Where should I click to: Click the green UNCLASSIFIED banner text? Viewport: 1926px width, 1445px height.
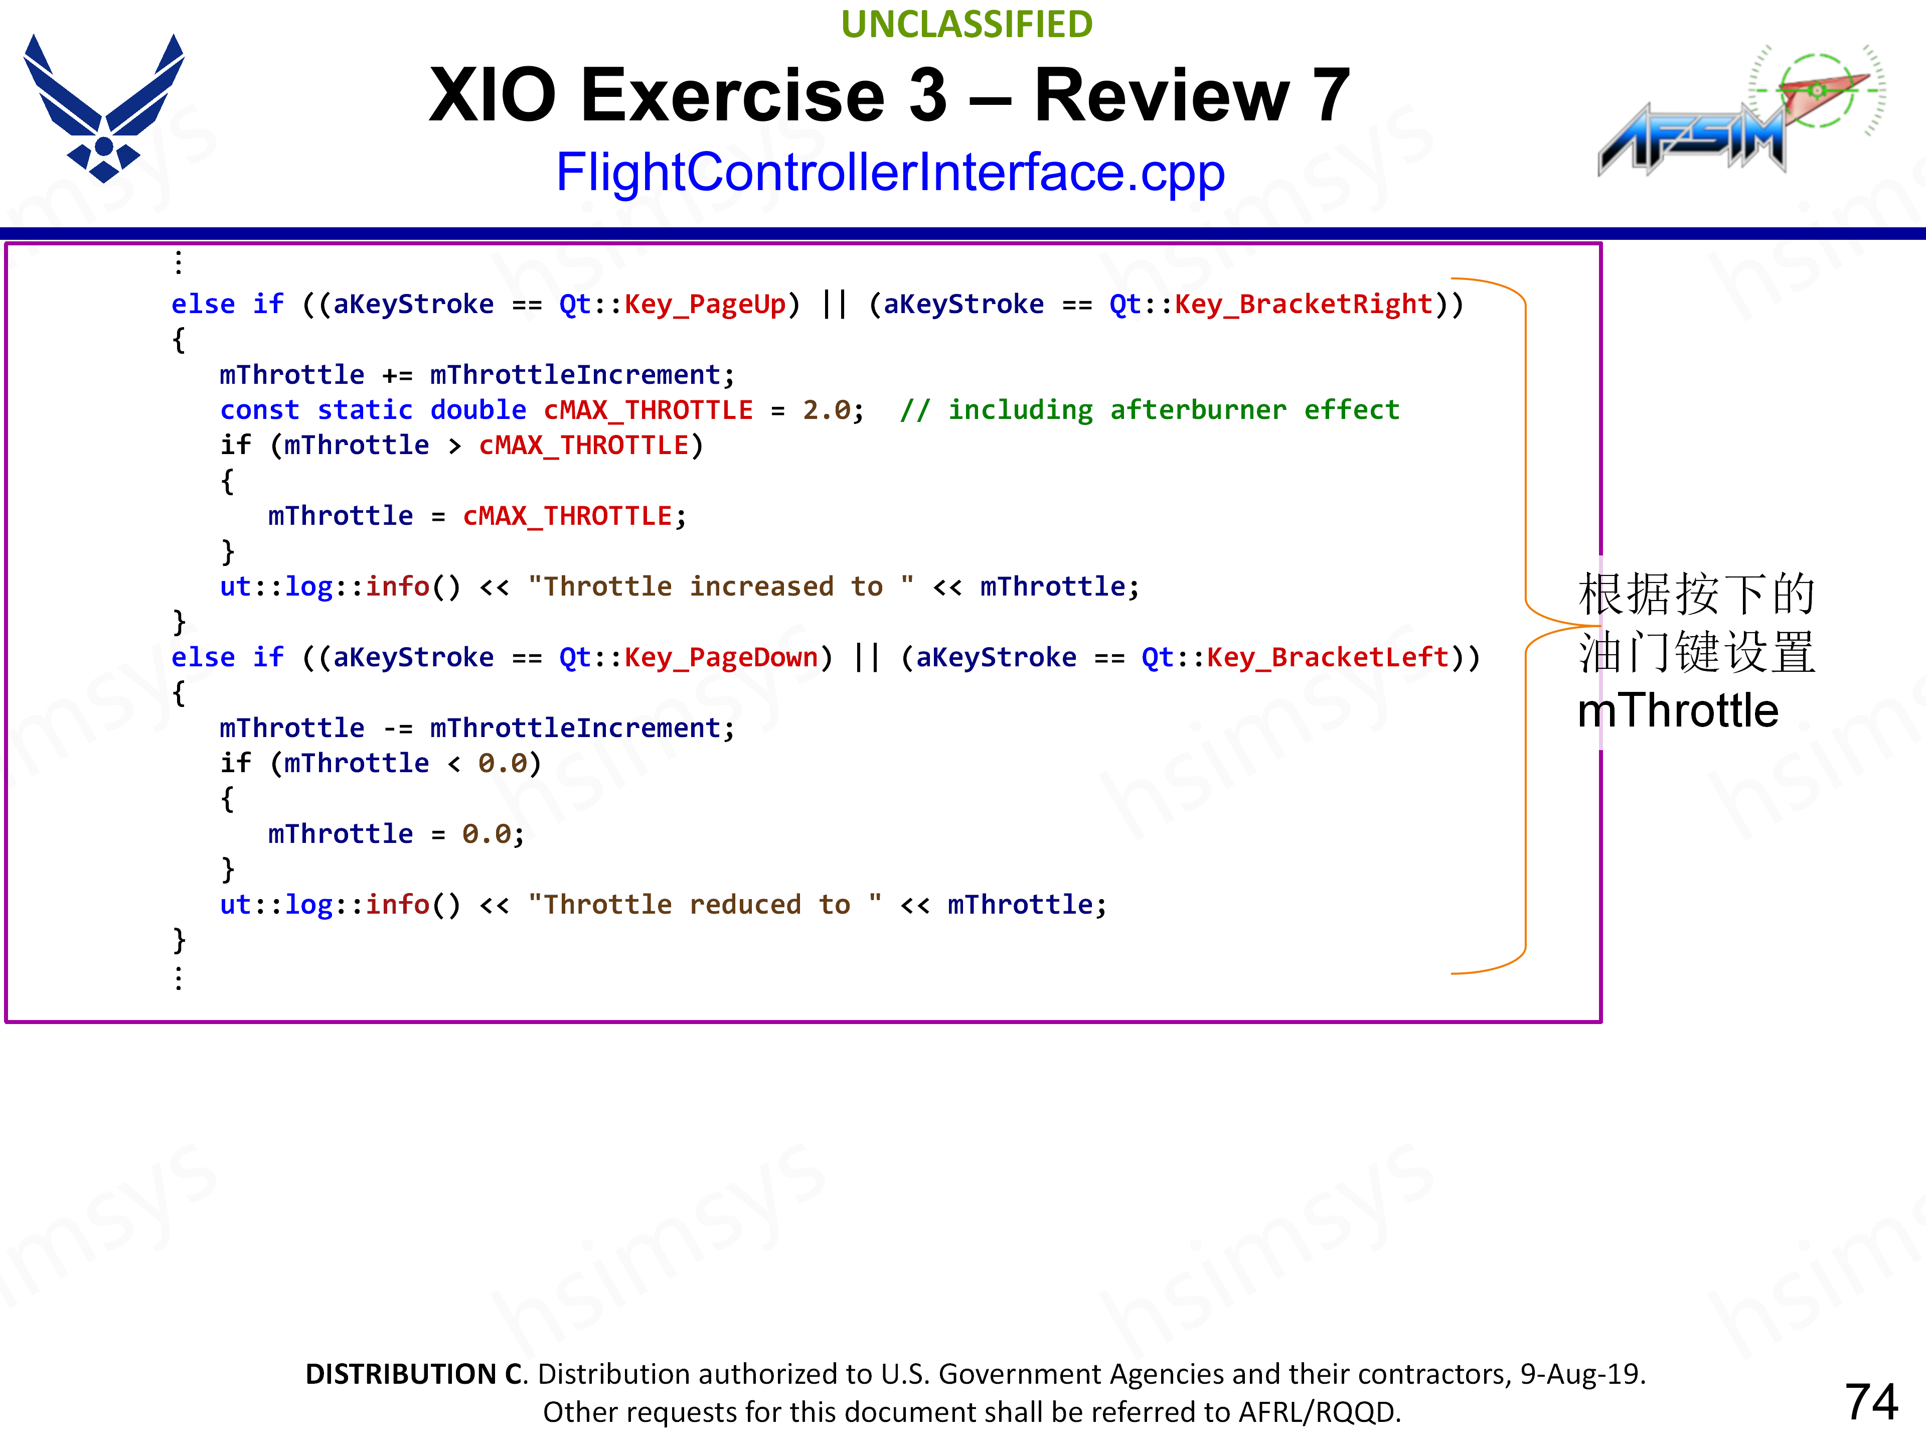point(967,25)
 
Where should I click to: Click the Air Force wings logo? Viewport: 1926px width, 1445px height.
point(104,108)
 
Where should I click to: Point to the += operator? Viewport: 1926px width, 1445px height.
point(397,375)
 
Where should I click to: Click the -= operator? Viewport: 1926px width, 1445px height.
point(397,728)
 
